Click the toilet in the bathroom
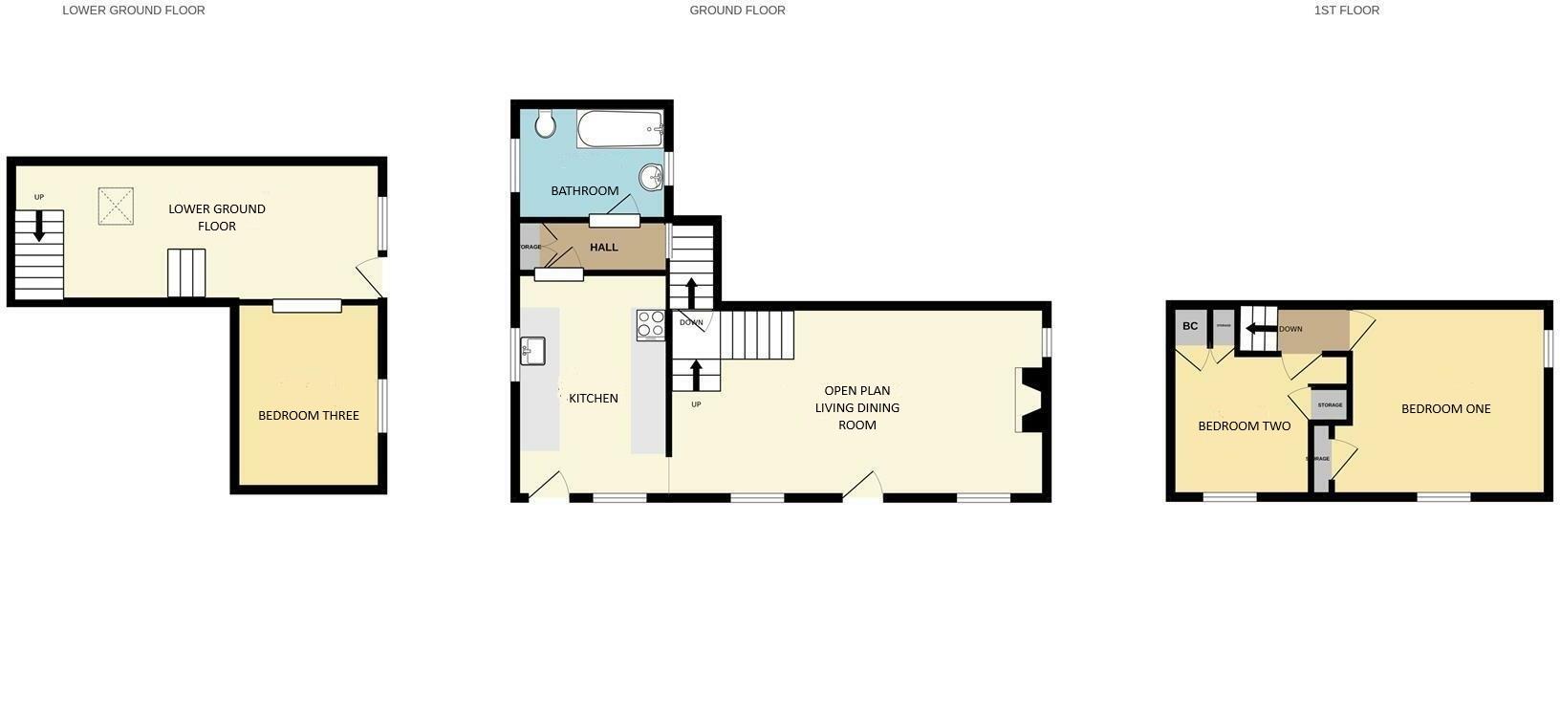point(546,123)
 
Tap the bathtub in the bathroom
point(620,128)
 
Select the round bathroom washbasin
point(651,176)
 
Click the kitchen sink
point(532,351)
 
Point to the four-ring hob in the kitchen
point(651,325)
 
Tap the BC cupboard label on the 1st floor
point(1190,326)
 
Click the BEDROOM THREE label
point(309,415)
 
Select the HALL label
point(604,247)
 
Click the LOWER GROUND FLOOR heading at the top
point(134,11)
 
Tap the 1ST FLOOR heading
point(1346,11)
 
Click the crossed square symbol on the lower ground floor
point(116,206)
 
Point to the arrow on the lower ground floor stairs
point(39,226)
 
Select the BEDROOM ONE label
point(1445,408)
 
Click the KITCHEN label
point(594,398)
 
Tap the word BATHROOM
point(585,190)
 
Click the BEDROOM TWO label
point(1244,425)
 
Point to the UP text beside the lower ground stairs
point(39,197)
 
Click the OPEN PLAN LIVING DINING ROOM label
point(857,407)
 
